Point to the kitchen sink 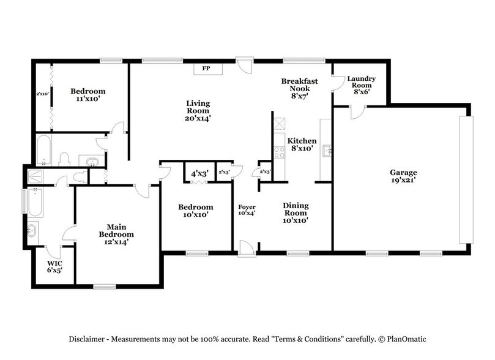[x=327, y=149]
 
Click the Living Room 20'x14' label [x=198, y=111]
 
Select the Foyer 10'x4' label [x=247, y=210]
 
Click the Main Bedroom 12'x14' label [x=116, y=233]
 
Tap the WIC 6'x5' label [x=55, y=268]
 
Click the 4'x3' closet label [x=199, y=174]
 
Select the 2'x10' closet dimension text [x=41, y=94]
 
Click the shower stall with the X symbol [x=35, y=177]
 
